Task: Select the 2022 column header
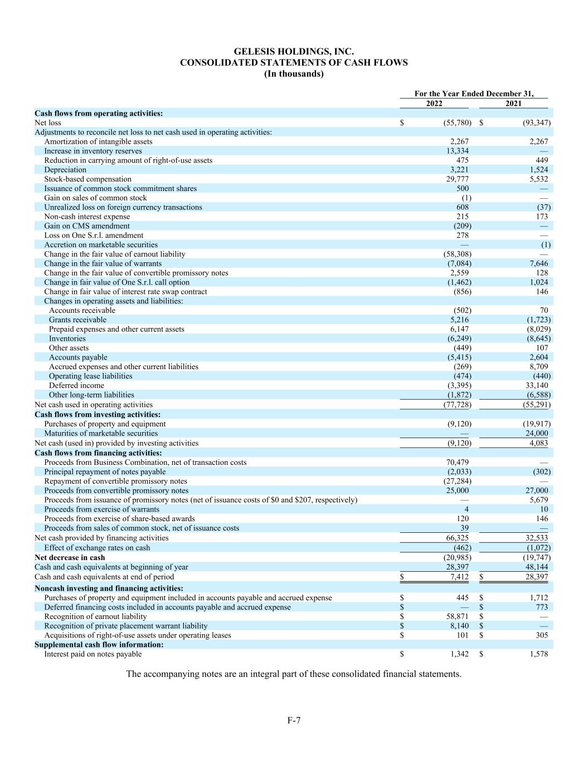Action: (434, 104)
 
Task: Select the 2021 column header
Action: (513, 104)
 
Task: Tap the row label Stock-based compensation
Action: (88, 179)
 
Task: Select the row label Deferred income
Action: (76, 385)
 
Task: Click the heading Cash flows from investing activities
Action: (98, 414)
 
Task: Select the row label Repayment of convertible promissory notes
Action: (115, 481)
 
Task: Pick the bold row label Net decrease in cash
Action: (70, 557)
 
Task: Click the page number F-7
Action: (294, 720)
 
